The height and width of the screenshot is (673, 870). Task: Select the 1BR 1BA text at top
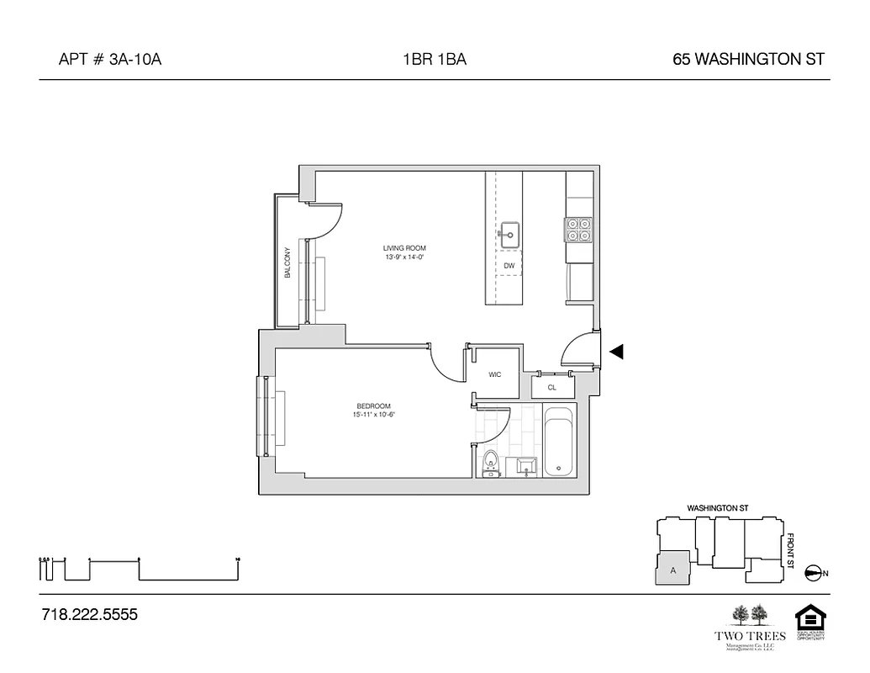pos(435,60)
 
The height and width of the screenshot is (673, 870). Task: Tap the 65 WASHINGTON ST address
pos(748,60)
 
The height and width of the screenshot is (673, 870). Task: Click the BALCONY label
pos(287,262)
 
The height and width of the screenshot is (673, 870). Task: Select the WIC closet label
pos(494,374)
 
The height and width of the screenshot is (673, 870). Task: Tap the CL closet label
pos(552,388)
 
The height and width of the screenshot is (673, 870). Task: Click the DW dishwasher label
pos(509,266)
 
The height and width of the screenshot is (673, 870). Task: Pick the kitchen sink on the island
pos(509,236)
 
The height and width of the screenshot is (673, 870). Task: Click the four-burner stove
pos(578,230)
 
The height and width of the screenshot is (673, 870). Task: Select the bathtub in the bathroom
pos(558,443)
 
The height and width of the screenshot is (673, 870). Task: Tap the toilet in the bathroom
pos(490,464)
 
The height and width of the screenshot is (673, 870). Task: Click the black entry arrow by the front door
pos(616,352)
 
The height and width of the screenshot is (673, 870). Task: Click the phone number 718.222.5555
pos(89,615)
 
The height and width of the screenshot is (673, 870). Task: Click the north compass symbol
pos(814,573)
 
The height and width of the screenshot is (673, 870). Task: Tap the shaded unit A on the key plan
pos(672,569)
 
